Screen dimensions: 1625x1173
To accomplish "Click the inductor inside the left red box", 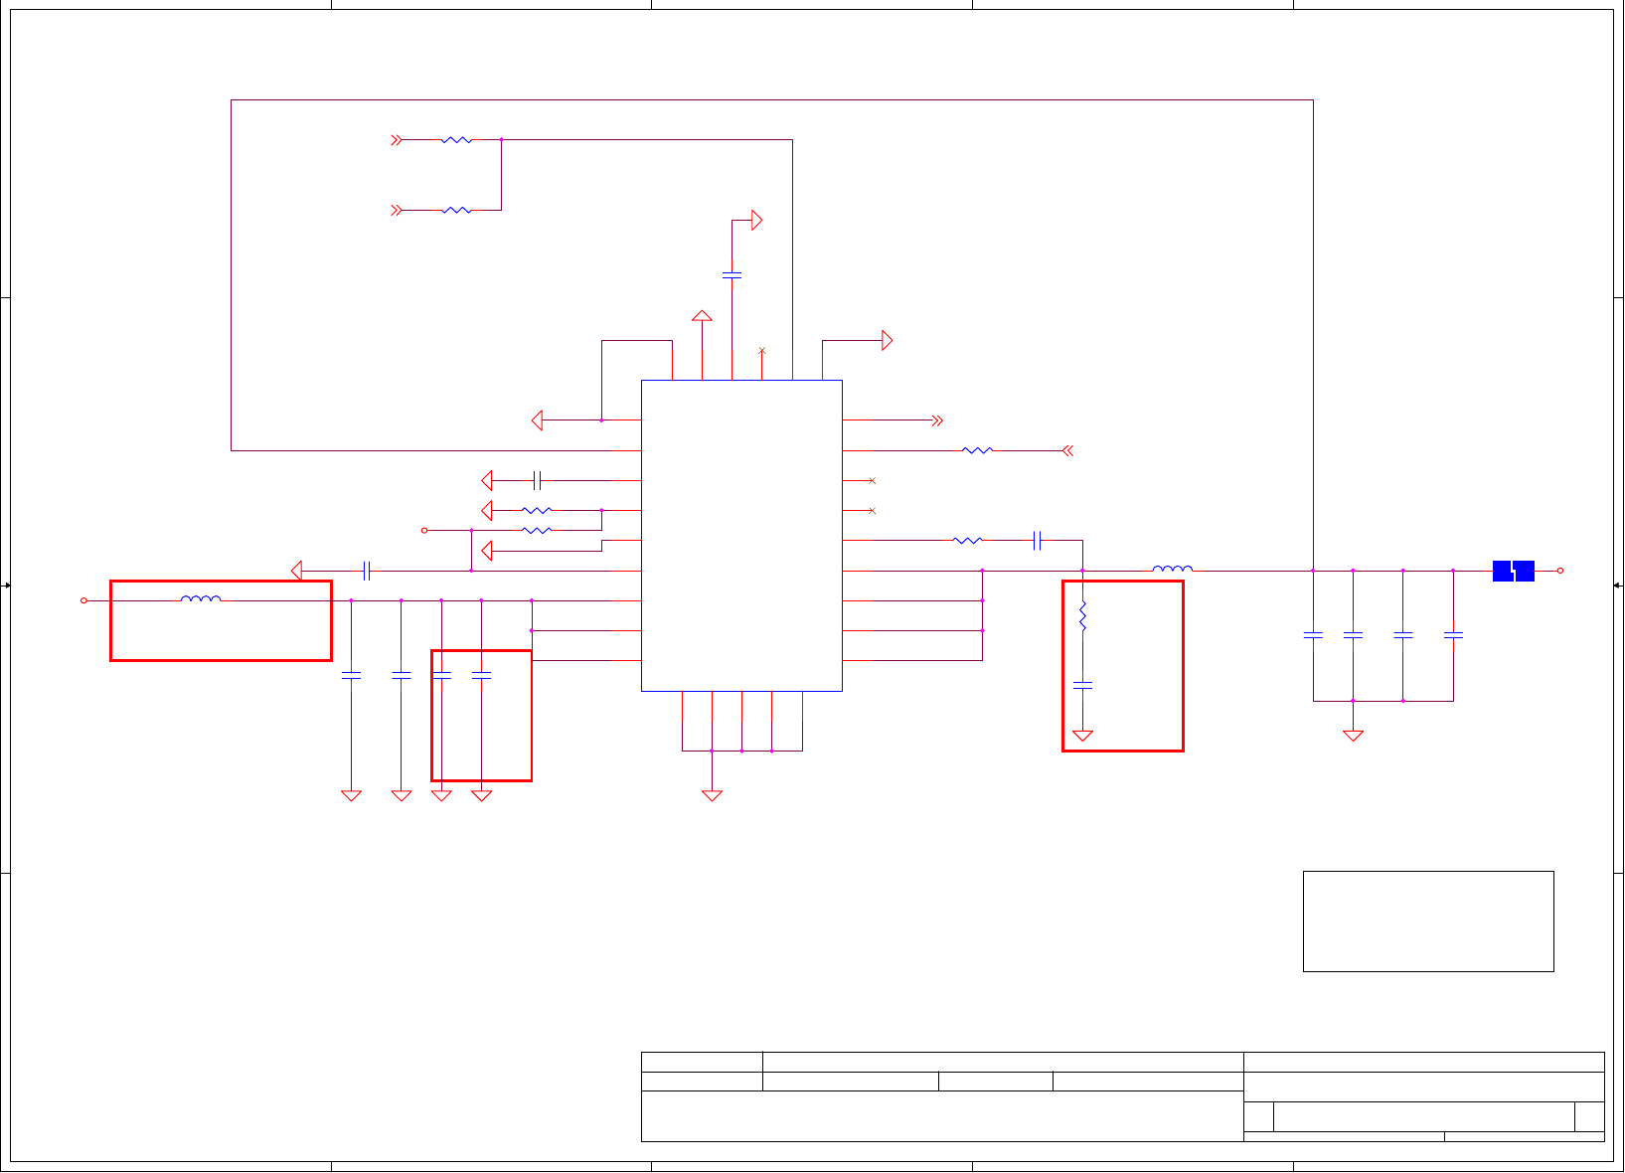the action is (201, 598).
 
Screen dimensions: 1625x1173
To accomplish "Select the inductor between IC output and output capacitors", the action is (1173, 569).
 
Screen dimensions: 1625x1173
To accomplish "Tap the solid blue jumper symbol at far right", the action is (1513, 571).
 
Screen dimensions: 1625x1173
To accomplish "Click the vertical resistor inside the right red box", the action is (1082, 616).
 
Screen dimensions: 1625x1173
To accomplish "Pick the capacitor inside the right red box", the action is (1082, 685).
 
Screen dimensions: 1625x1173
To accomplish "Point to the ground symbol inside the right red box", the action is (1082, 737).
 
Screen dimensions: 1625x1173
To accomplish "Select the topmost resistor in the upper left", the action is (456, 140).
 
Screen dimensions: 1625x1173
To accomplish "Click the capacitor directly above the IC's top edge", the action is (731, 274).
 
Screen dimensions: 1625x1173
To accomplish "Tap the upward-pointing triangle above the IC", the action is (702, 316).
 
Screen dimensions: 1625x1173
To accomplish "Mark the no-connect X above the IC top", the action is (762, 351).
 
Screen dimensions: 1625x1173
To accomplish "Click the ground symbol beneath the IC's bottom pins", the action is (712, 795).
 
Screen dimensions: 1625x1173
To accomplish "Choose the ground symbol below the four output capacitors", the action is (1353, 736).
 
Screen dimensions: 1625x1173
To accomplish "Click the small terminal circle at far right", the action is (1560, 571).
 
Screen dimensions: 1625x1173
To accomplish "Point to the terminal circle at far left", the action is (83, 600).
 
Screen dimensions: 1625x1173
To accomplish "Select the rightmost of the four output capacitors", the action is (1453, 634).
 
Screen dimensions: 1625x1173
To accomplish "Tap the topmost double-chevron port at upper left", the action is (397, 140).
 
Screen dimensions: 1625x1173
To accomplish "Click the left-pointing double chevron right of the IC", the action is (1067, 450).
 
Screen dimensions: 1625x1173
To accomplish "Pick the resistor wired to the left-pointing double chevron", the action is (977, 450).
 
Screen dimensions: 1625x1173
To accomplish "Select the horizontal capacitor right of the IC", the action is (1038, 540).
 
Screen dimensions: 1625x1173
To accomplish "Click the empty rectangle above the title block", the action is (1428, 922).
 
